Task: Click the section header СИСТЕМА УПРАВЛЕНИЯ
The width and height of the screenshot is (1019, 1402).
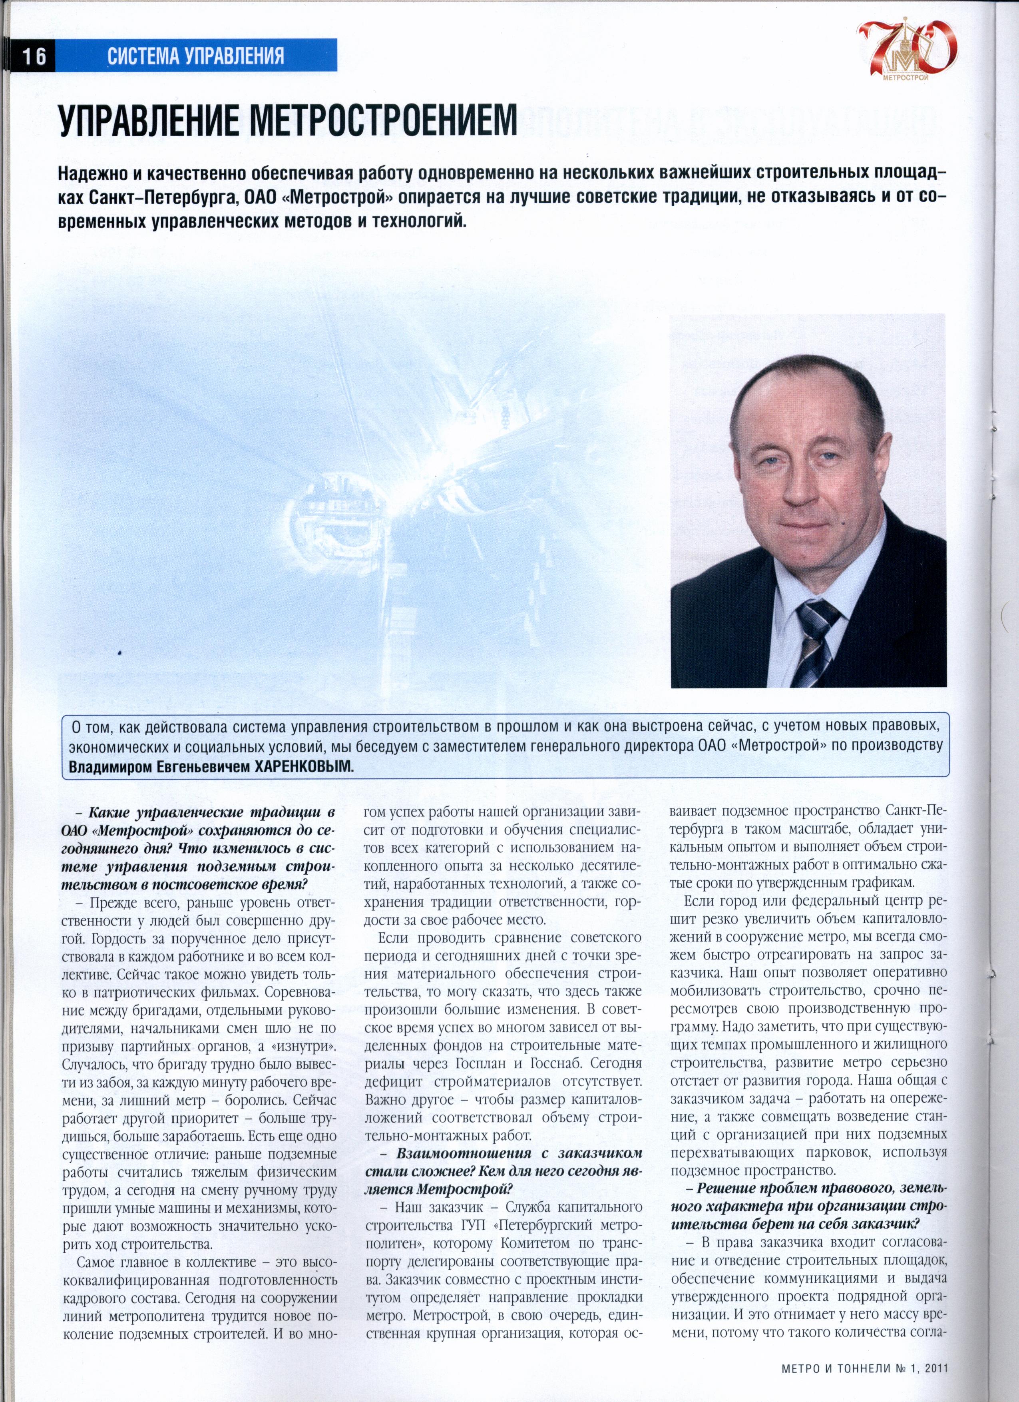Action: [x=195, y=56]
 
